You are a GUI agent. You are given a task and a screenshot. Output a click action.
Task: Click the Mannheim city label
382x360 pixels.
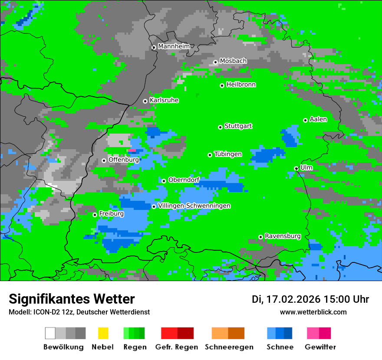tap(174, 46)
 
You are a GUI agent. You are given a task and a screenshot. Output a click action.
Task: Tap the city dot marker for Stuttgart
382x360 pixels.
tap(221, 127)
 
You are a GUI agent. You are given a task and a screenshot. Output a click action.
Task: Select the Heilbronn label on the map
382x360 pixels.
tap(241, 85)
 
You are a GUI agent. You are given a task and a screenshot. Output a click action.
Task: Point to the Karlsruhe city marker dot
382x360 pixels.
tap(145, 101)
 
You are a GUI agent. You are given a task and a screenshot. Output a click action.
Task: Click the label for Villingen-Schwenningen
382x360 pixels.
tap(194, 206)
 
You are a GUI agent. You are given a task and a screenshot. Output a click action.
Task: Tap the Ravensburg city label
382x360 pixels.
tap(283, 236)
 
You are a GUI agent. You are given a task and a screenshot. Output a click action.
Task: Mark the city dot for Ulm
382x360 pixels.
tap(296, 168)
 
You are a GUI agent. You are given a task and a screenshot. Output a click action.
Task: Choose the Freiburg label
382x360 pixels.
tap(111, 214)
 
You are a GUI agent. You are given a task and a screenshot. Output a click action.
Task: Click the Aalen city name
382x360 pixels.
tap(318, 119)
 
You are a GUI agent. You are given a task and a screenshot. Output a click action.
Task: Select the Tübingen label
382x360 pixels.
tap(228, 154)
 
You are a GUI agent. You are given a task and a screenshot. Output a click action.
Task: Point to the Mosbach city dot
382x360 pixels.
tap(216, 62)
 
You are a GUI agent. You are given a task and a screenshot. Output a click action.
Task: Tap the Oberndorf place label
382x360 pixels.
tap(184, 180)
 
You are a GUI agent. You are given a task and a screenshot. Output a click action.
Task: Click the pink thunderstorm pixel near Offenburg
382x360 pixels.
tap(132, 151)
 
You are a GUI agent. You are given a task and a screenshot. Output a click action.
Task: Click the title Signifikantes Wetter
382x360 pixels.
tap(72, 299)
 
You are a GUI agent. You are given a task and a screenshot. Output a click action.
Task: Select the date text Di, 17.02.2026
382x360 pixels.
tap(286, 299)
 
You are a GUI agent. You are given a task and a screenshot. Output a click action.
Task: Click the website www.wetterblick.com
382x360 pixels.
tap(313, 312)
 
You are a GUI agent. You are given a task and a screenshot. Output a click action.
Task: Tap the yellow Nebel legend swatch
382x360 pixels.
tap(103, 333)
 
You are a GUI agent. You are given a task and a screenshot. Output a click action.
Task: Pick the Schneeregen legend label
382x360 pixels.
tap(229, 347)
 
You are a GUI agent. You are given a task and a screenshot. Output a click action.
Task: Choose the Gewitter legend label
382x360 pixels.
tap(320, 347)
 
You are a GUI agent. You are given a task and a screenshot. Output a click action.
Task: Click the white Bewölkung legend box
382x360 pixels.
tap(50, 333)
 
